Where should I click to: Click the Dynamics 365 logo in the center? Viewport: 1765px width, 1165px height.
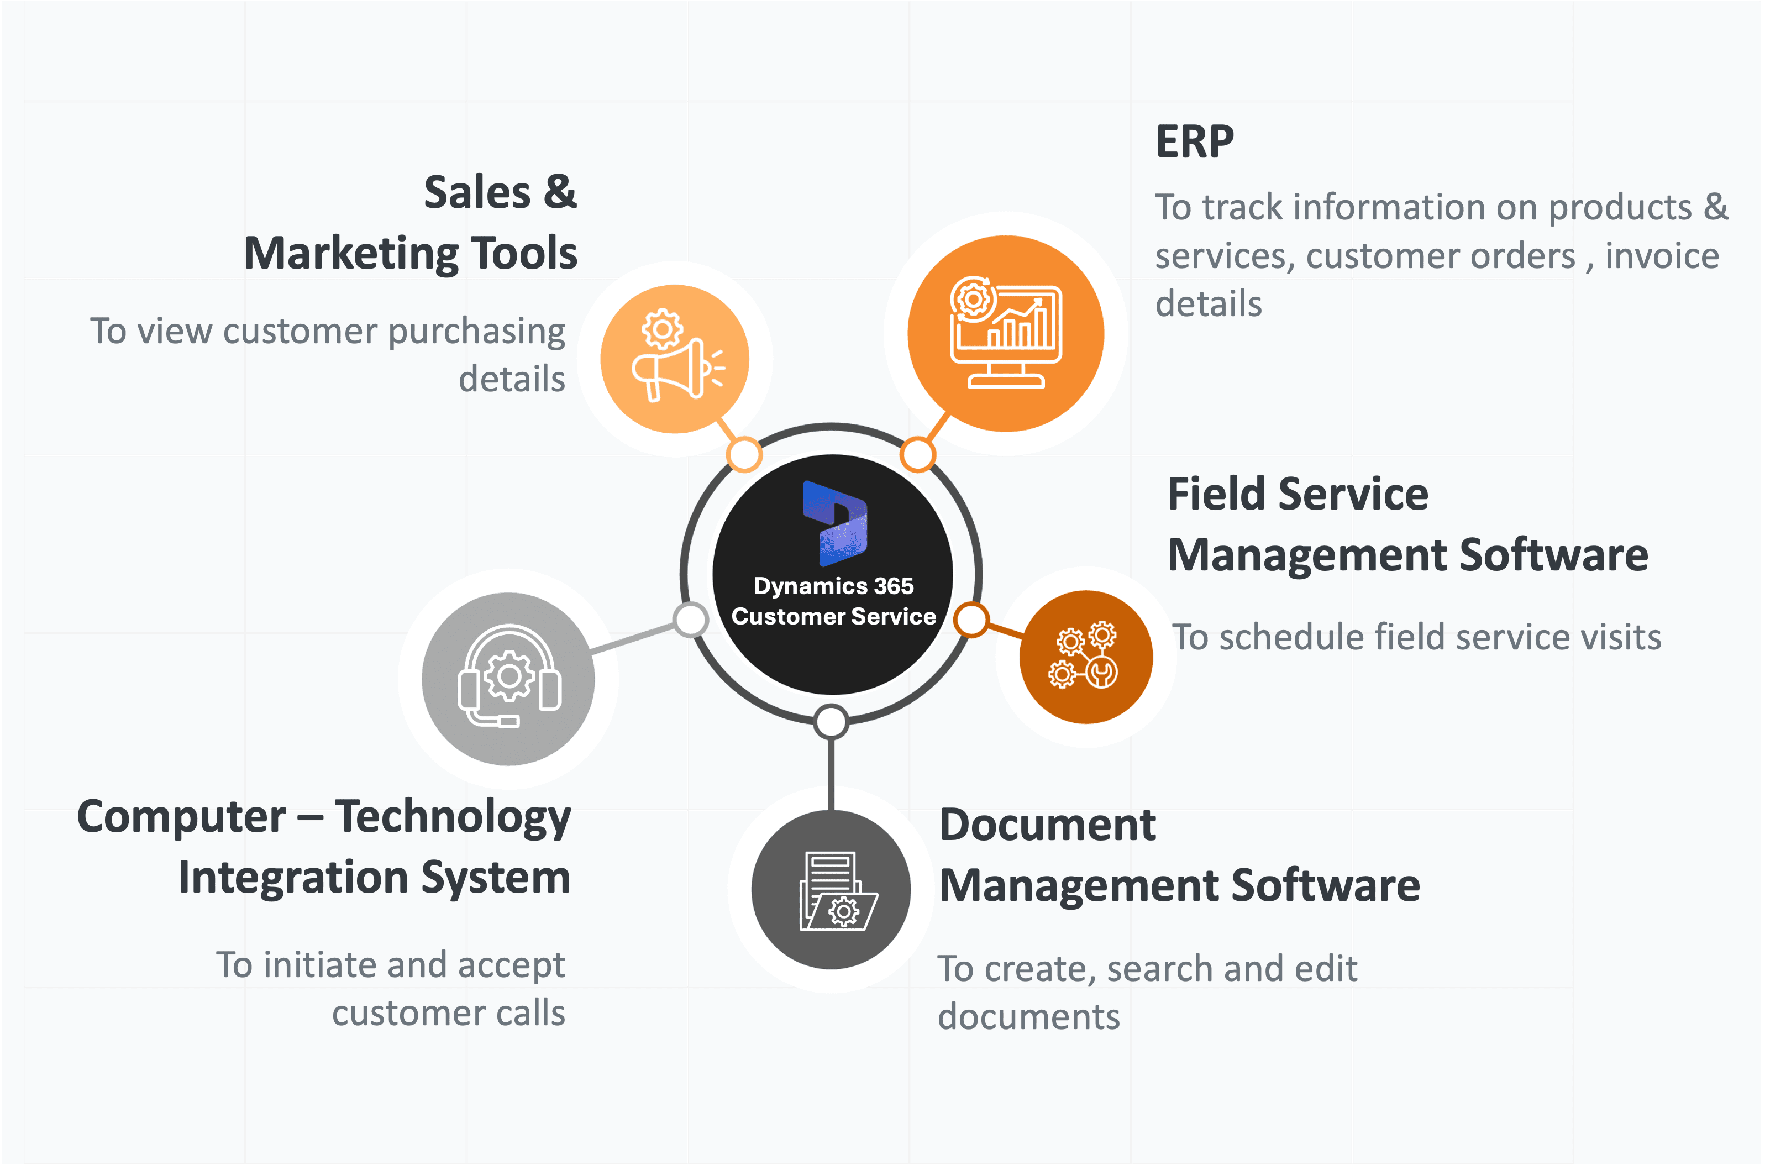point(835,523)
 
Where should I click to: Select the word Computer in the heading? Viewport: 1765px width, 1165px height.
point(181,816)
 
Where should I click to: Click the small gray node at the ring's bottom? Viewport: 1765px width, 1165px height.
point(831,721)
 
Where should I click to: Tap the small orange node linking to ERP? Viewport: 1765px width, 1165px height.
point(918,455)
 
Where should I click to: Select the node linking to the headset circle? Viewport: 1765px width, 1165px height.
point(691,620)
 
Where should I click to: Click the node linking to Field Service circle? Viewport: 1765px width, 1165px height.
point(971,620)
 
